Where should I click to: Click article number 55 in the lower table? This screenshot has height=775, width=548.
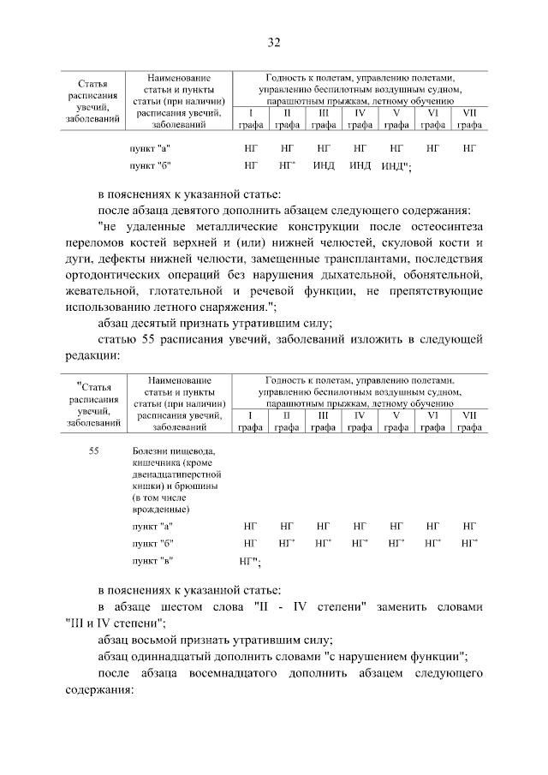click(x=94, y=450)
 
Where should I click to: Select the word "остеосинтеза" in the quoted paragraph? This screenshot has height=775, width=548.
click(x=444, y=227)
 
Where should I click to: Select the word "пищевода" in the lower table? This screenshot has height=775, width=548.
click(x=188, y=450)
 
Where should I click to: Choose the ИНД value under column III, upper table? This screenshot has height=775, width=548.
click(x=324, y=164)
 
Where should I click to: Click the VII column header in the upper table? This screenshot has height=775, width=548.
click(x=468, y=113)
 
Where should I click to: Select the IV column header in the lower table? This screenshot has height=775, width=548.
click(x=360, y=414)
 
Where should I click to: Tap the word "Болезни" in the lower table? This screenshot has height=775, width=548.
click(x=151, y=450)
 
